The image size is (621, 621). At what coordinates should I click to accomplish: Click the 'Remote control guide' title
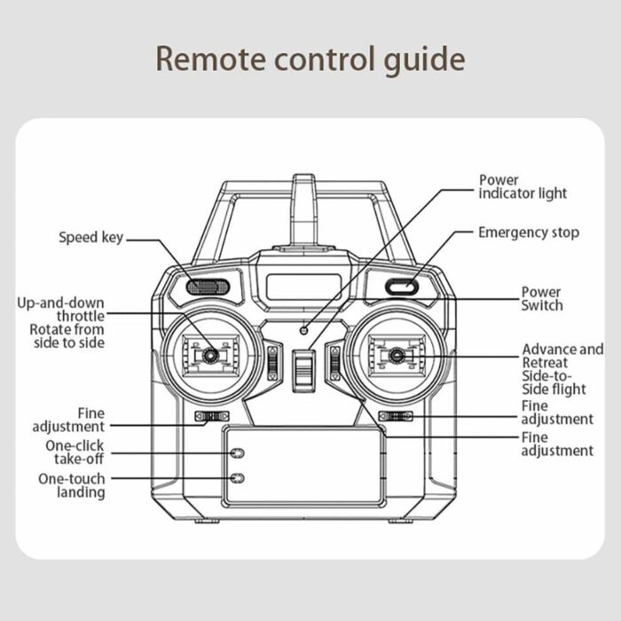[x=310, y=59]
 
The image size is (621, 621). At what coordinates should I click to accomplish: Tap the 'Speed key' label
[x=90, y=237]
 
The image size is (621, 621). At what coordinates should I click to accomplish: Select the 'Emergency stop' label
[x=528, y=232]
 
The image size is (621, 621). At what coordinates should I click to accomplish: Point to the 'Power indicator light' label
[x=522, y=186]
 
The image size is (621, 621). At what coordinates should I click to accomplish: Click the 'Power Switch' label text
[x=541, y=298]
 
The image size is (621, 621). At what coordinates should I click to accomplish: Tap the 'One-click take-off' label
[x=74, y=452]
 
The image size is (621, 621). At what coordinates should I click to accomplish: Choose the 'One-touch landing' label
[x=71, y=485]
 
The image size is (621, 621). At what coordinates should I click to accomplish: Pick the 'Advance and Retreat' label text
[x=562, y=356]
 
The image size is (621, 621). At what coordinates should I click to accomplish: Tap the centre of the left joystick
[x=211, y=356]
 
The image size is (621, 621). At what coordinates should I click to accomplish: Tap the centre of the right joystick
[x=396, y=356]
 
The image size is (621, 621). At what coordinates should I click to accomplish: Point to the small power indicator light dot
[x=303, y=329]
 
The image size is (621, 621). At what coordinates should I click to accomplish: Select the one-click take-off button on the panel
[x=237, y=452]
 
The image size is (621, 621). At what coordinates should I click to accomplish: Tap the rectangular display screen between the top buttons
[x=303, y=287]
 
